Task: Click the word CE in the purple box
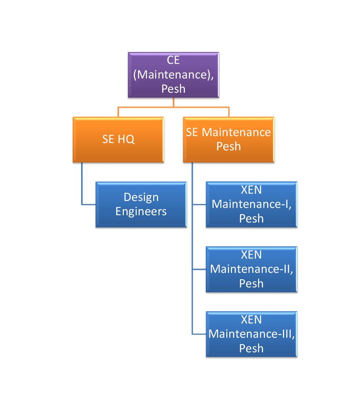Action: coord(173,60)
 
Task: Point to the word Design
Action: coord(141,197)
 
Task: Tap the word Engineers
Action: coord(141,212)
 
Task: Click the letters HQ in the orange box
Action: coord(126,139)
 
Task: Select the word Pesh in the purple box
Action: coord(173,89)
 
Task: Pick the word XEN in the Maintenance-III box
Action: coord(251,320)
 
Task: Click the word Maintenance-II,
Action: coord(251,269)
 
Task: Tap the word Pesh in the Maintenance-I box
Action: coord(251,219)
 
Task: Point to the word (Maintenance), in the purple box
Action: coord(173,74)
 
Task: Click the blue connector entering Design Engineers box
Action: coord(88,205)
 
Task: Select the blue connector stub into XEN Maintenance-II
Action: coord(199,270)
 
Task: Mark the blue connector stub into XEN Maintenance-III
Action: coord(199,334)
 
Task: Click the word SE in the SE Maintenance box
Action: coord(192,132)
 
